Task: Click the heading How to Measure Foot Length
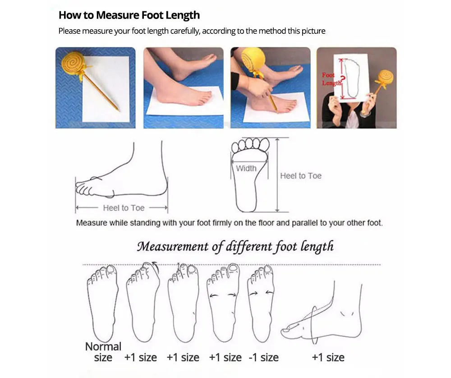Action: tap(129, 15)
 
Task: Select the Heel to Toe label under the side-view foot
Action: tap(124, 208)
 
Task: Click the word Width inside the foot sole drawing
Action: tap(246, 168)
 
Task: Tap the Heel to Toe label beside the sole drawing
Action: tap(300, 176)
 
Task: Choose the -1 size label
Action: tap(264, 358)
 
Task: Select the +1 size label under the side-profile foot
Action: tap(328, 358)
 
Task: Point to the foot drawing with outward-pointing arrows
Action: tap(223, 302)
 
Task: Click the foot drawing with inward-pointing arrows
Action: tap(261, 302)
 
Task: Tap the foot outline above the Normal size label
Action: tap(102, 302)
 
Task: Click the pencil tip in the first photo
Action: tap(118, 110)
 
